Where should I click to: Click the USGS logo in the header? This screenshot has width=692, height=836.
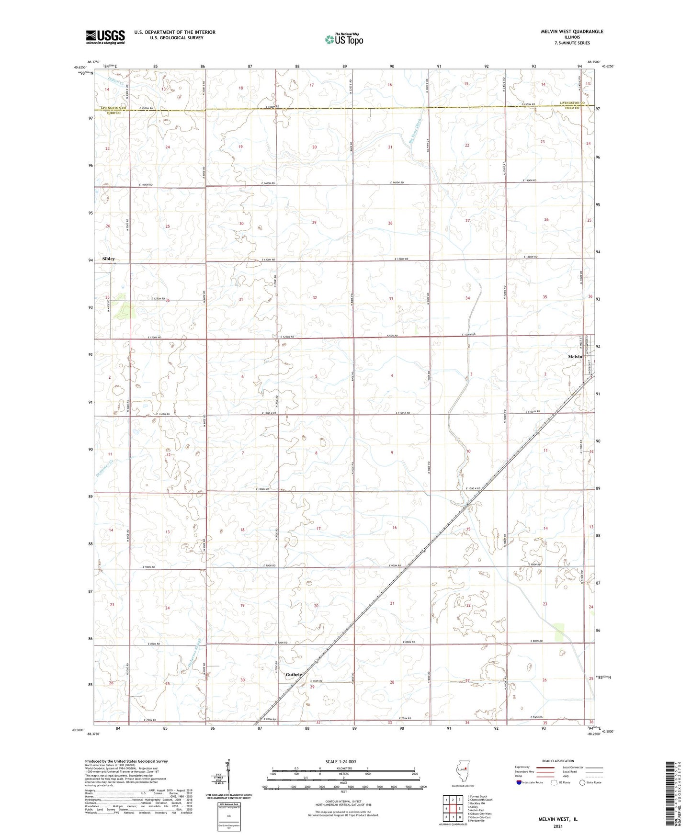[105, 37]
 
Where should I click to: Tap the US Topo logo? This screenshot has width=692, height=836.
[343, 39]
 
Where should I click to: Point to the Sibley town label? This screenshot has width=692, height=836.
[109, 259]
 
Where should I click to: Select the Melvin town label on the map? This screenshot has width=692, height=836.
[575, 357]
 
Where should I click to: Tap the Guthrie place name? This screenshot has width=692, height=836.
[294, 675]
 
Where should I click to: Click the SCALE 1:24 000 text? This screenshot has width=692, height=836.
[340, 761]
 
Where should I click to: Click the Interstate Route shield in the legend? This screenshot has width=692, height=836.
[520, 782]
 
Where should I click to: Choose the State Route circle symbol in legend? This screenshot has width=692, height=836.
[582, 782]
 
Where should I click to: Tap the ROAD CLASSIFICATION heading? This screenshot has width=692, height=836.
[557, 761]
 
